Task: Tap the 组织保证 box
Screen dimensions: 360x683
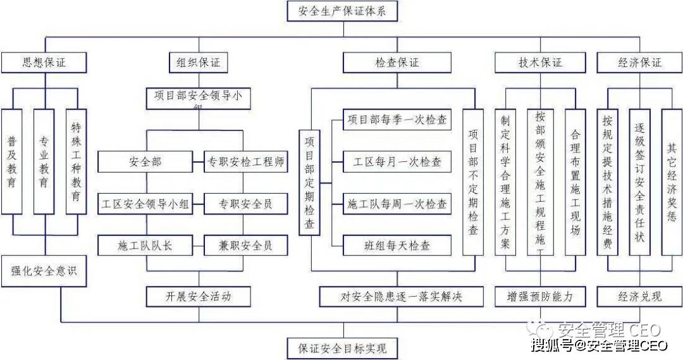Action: (198, 63)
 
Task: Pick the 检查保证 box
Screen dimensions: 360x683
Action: (397, 63)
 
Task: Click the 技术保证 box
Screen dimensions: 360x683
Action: (539, 63)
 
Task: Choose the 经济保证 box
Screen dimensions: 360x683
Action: (639, 63)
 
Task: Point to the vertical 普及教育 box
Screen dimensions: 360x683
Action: (12, 161)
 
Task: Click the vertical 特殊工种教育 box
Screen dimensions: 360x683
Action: (76, 161)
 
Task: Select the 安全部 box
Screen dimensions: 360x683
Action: (147, 162)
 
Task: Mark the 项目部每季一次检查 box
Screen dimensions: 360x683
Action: (397, 120)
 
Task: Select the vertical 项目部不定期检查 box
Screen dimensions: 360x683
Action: (473, 182)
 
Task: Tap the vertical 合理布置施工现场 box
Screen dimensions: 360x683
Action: (575, 182)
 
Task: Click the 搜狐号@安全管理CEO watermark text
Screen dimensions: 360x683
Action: (599, 345)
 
